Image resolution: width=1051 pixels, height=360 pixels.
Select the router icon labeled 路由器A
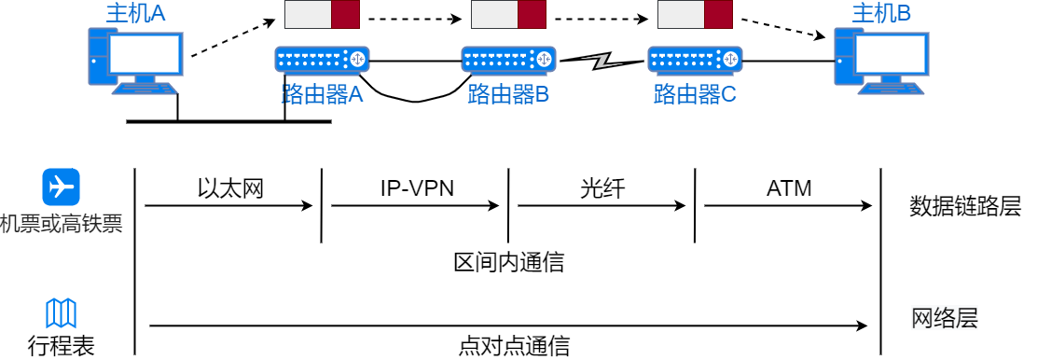pyautogui.click(x=322, y=60)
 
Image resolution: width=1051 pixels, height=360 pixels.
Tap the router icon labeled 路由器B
pyautogui.click(x=508, y=60)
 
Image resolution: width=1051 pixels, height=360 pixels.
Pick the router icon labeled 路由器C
pyautogui.click(x=695, y=60)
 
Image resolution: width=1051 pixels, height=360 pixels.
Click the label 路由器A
pyautogui.click(x=322, y=94)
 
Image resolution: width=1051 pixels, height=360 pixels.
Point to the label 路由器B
pyautogui.click(x=508, y=94)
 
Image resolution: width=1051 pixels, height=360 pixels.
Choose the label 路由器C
pyautogui.click(x=695, y=94)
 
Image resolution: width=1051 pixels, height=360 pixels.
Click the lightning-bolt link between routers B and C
pyautogui.click(x=602, y=62)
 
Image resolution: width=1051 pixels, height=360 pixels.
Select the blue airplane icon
pyautogui.click(x=61, y=187)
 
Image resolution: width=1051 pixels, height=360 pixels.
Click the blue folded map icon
pyautogui.click(x=61, y=313)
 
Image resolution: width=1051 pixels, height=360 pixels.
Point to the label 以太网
pyautogui.click(x=231, y=189)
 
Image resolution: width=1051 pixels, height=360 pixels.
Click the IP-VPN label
pyautogui.click(x=417, y=189)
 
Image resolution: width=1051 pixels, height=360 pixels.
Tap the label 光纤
pyautogui.click(x=602, y=189)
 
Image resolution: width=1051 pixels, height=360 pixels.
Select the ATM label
pyautogui.click(x=789, y=189)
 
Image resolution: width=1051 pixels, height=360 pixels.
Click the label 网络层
pyautogui.click(x=945, y=318)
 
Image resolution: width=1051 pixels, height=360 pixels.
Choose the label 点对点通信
pyautogui.click(x=514, y=346)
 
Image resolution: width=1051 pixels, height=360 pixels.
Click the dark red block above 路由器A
pyautogui.click(x=345, y=16)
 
